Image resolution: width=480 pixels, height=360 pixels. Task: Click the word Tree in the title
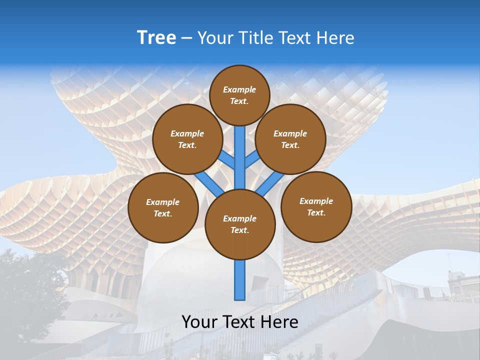pos(156,38)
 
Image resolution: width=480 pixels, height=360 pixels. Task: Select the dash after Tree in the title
pos(186,38)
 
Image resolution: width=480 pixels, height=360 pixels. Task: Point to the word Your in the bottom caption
pos(199,322)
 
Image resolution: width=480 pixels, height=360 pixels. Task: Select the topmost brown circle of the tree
pos(239,95)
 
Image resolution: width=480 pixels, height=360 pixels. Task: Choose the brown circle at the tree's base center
pos(240,224)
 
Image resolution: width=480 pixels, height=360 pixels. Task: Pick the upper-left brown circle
pos(187,139)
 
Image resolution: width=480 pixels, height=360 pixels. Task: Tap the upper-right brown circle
pos(290,139)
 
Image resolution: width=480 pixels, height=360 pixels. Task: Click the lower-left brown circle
pos(163,208)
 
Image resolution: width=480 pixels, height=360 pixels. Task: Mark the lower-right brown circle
pos(316,207)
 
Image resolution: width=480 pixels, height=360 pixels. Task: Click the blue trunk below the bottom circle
pos(240,280)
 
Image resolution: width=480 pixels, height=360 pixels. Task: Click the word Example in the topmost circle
pos(239,90)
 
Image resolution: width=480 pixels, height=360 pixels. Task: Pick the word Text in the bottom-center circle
pos(239,230)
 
